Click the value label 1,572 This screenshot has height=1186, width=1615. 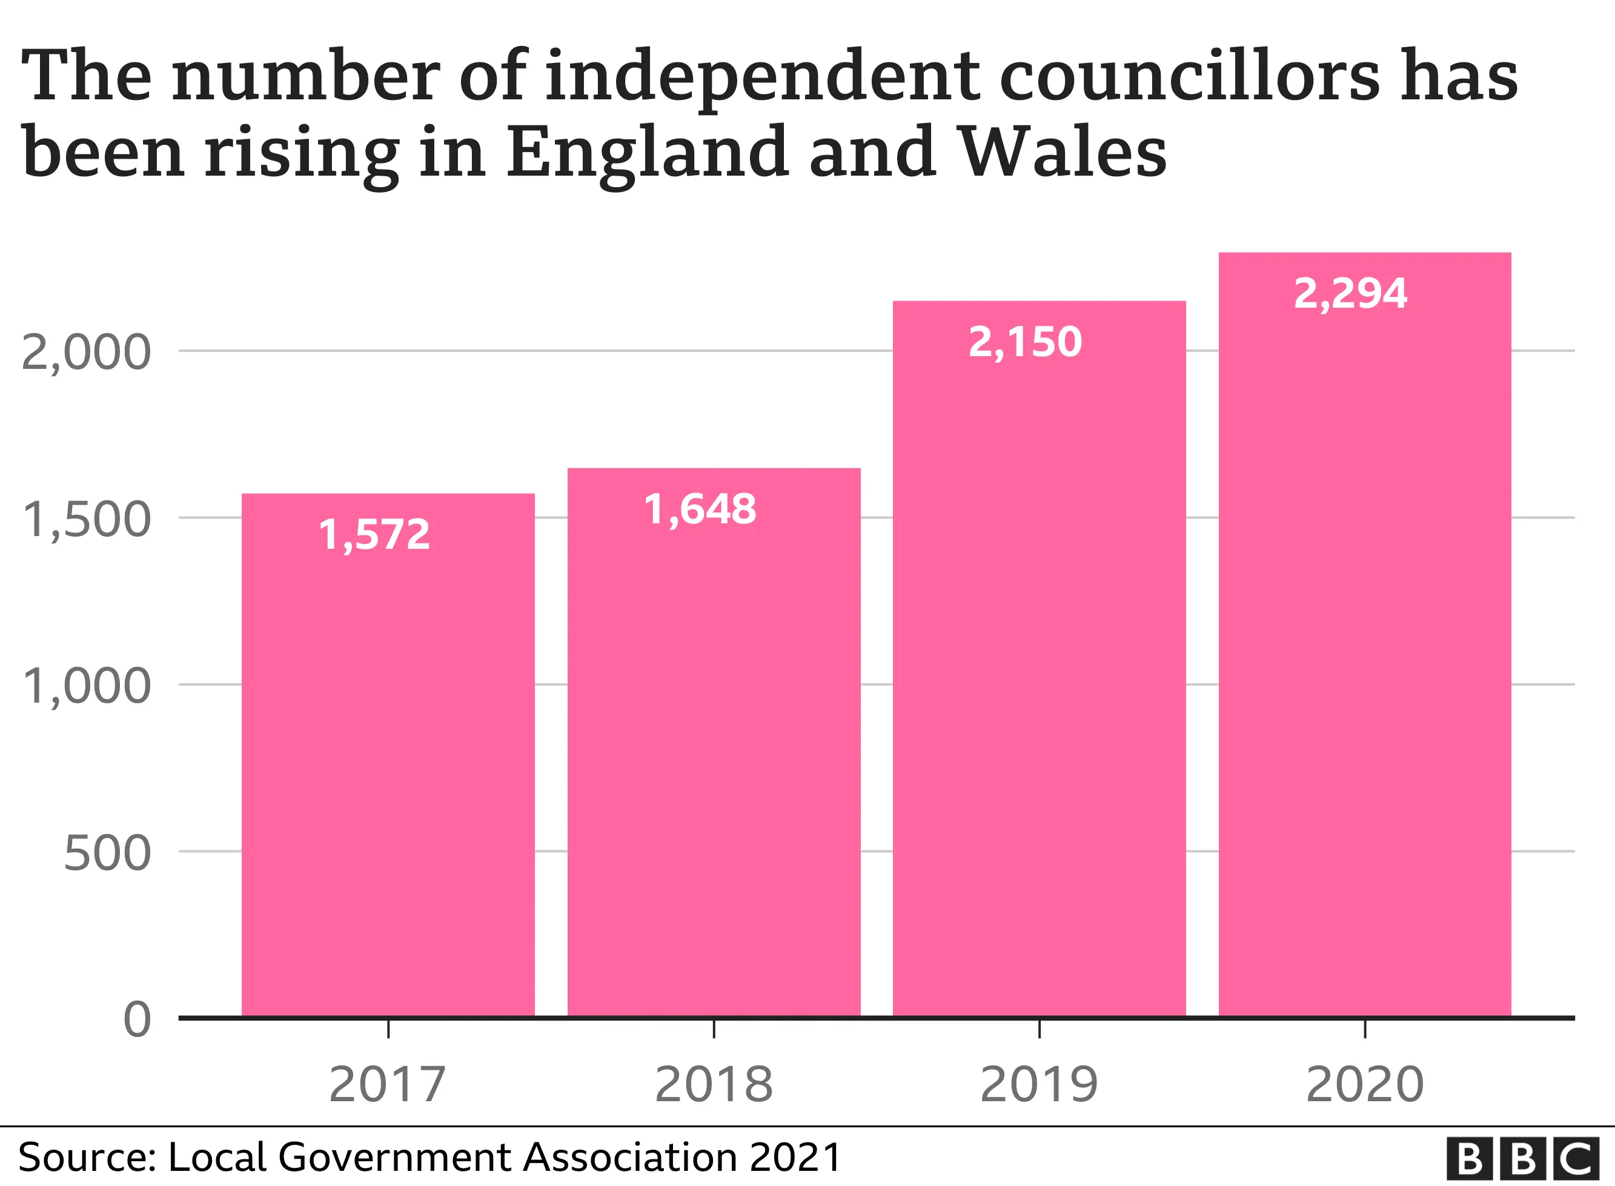click(374, 535)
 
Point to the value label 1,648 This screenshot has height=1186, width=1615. click(700, 510)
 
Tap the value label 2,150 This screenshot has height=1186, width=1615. click(1025, 342)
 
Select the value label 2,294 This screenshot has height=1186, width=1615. click(1350, 294)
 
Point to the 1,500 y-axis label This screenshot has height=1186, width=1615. click(86, 520)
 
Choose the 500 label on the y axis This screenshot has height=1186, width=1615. click(107, 853)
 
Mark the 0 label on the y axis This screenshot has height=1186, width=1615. click(137, 1019)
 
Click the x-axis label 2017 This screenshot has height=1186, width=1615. click(388, 1085)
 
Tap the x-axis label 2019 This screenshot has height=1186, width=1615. click(1039, 1085)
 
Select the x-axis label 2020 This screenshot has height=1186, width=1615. click(1364, 1085)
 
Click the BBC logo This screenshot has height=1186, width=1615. click(1522, 1158)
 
